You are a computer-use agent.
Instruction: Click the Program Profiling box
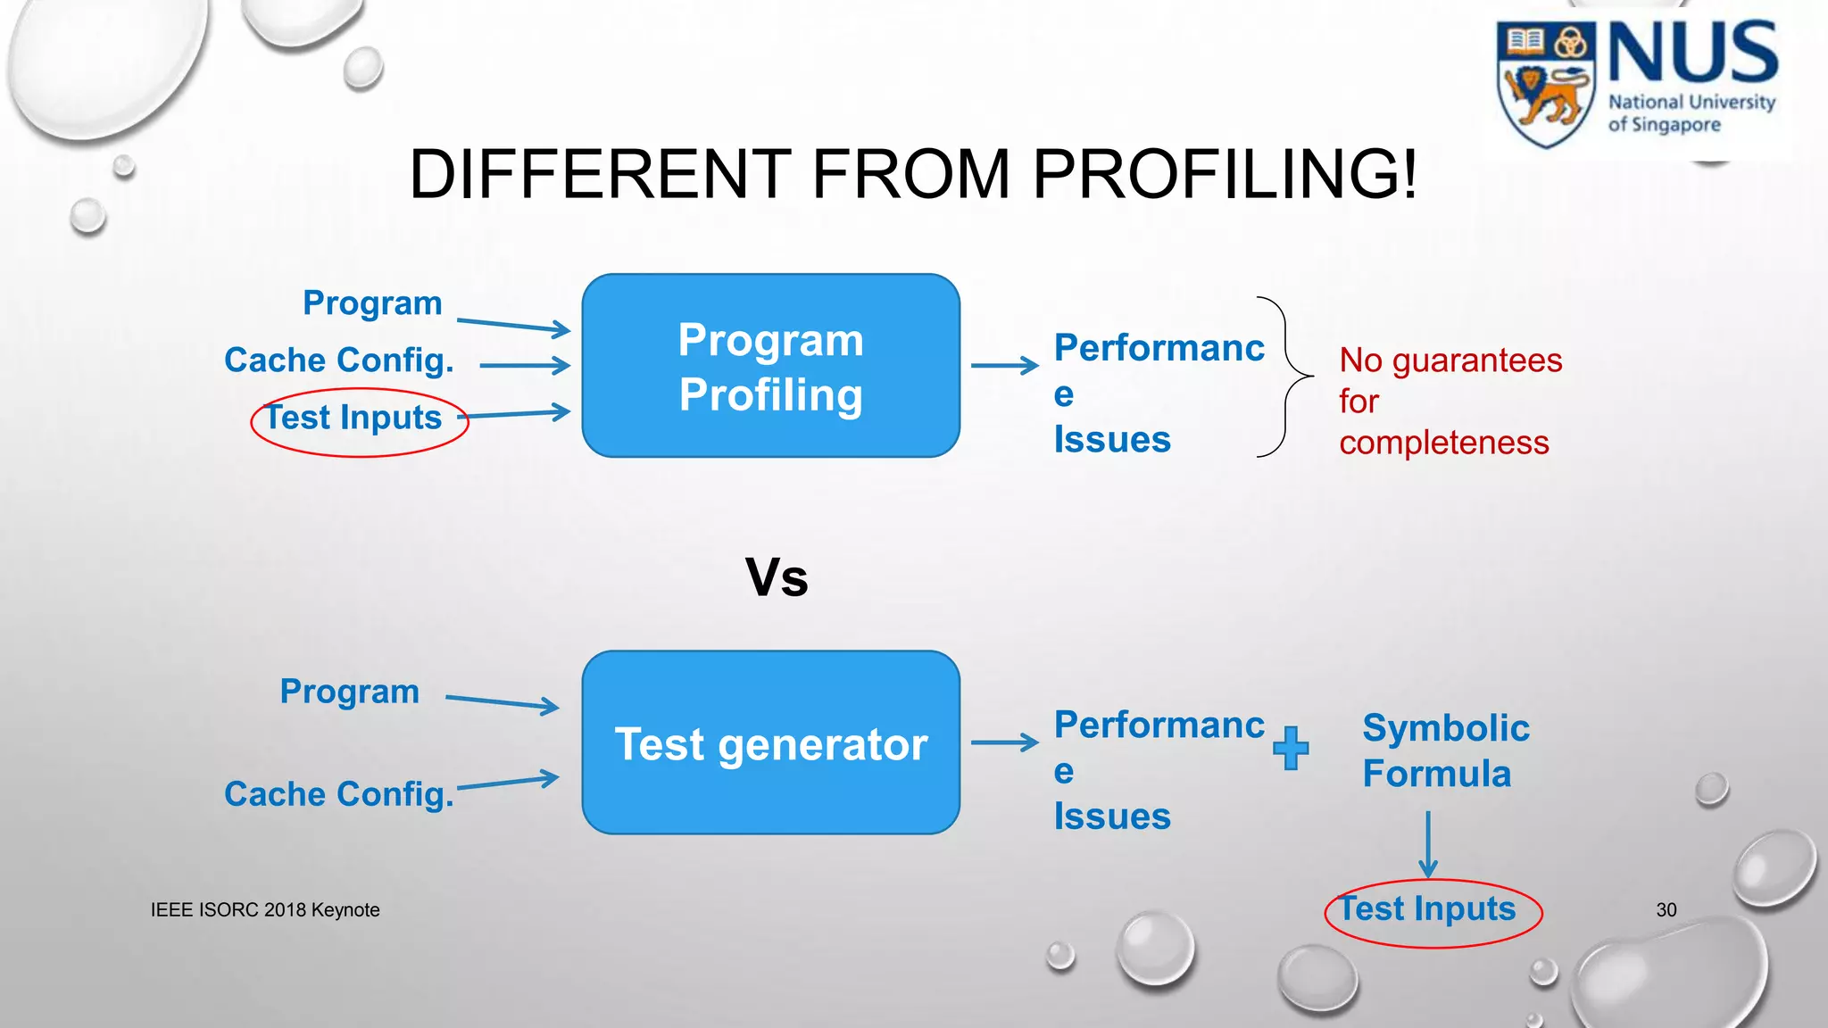click(770, 366)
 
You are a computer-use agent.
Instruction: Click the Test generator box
click(770, 742)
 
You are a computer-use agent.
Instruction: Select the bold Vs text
click(777, 577)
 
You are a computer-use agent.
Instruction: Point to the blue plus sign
click(1291, 748)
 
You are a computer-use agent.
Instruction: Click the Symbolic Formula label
click(1444, 750)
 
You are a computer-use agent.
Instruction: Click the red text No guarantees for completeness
click(1450, 402)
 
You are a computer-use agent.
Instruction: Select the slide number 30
click(1666, 910)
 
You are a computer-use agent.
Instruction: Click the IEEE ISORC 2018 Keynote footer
click(265, 910)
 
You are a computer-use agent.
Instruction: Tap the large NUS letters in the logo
click(1692, 54)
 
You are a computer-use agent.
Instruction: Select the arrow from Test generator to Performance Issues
click(1004, 742)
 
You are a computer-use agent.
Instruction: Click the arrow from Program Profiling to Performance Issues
click(1004, 365)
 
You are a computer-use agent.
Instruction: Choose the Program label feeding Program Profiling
click(372, 303)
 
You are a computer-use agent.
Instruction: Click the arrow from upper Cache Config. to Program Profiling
click(525, 365)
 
